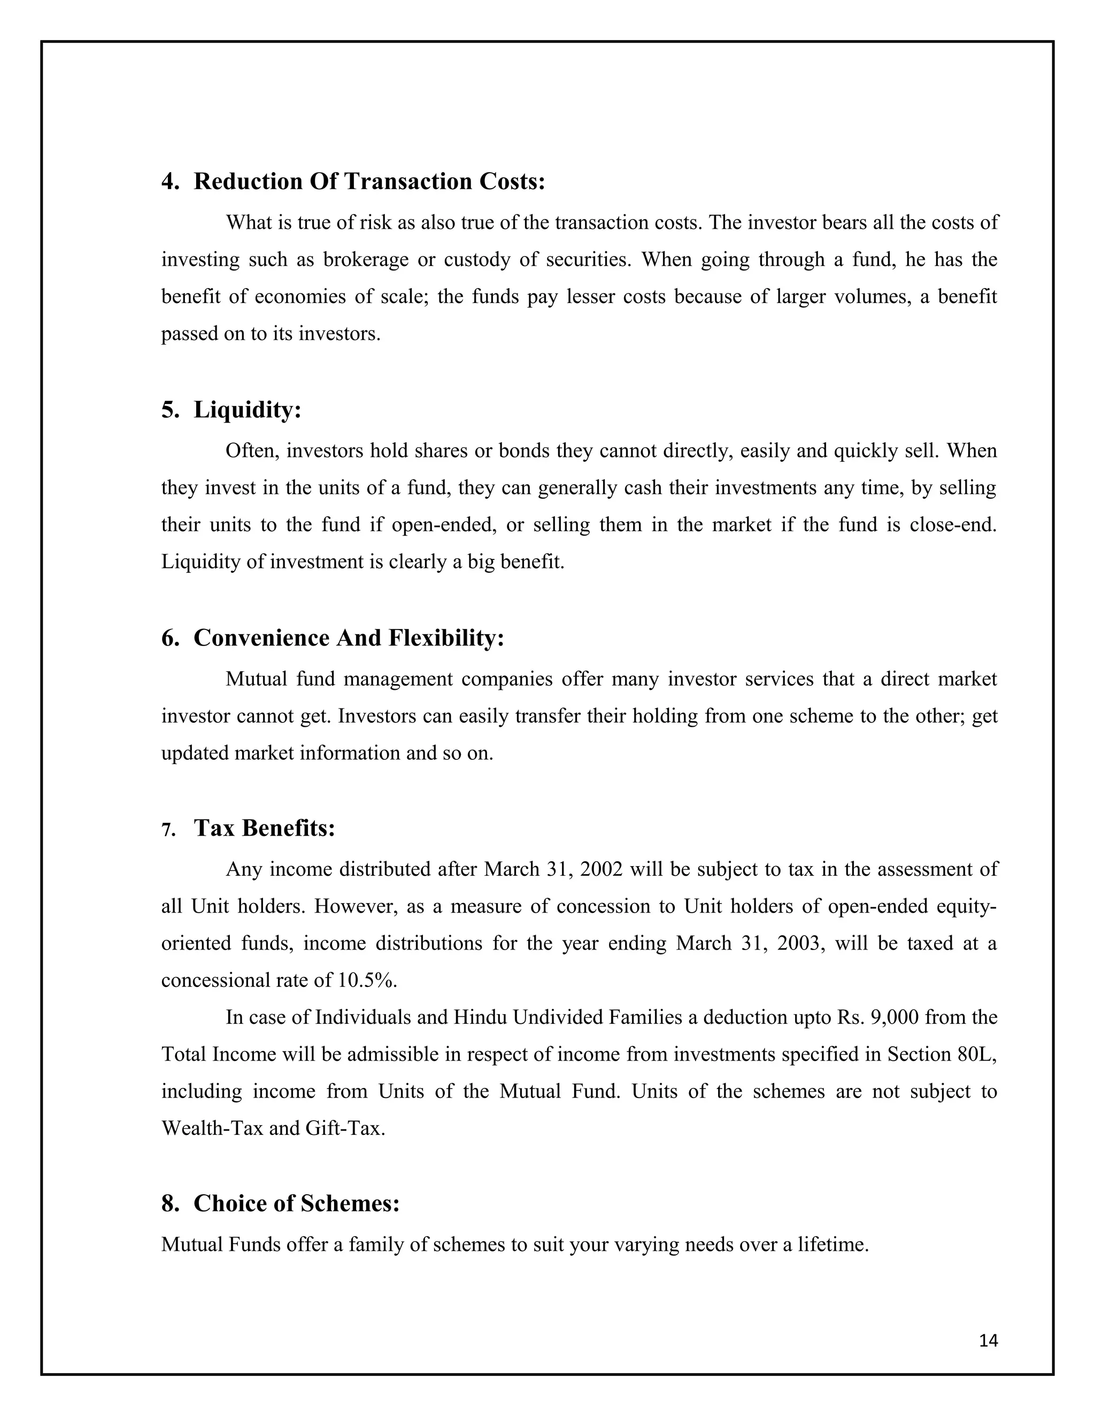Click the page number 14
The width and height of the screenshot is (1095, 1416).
[988, 1341]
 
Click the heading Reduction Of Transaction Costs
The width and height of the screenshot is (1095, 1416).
[369, 182]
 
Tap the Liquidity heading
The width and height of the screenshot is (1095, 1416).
[247, 410]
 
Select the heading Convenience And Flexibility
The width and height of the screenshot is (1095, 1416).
[349, 638]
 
